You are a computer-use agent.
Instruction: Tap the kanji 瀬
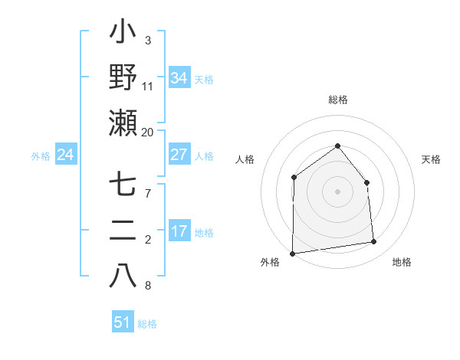[x=123, y=123]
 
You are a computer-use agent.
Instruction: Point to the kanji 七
[x=123, y=185]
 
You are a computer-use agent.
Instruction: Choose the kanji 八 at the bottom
[x=123, y=275]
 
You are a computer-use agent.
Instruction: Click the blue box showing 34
[x=179, y=78]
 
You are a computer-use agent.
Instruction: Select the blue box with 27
[x=179, y=155]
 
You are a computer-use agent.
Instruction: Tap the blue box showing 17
[x=179, y=231]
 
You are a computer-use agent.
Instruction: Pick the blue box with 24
[x=66, y=155]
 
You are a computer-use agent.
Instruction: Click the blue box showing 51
[x=123, y=322]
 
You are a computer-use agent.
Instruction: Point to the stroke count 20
[x=147, y=133]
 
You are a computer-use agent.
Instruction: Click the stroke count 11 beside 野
[x=148, y=87]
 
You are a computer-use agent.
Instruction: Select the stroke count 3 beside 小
[x=147, y=40]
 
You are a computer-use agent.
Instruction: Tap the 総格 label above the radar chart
[x=337, y=100]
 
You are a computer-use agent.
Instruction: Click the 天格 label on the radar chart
[x=431, y=159]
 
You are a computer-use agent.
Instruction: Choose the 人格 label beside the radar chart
[x=245, y=159]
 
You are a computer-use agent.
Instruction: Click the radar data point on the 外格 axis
[x=292, y=253]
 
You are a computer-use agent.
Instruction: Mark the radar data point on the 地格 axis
[x=374, y=242]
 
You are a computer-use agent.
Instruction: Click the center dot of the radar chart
[x=337, y=191]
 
